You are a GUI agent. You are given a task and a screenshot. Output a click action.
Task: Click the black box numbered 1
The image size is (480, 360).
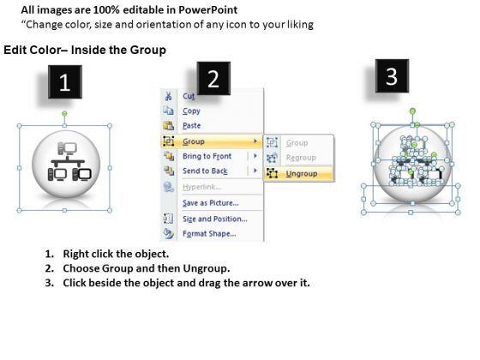tap(65, 81)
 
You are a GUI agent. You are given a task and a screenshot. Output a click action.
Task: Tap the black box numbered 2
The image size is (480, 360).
tap(213, 78)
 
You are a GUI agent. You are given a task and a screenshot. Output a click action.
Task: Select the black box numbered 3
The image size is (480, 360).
tap(392, 76)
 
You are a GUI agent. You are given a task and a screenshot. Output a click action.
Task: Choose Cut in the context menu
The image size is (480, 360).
tap(189, 96)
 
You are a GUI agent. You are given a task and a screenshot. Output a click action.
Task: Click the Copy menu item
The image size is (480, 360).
tap(191, 111)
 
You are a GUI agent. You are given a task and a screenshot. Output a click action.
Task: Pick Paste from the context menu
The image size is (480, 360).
tap(192, 125)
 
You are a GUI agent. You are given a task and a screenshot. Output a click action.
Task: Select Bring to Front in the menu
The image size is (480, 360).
tap(207, 156)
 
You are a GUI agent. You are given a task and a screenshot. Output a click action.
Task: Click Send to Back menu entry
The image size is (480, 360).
tap(205, 171)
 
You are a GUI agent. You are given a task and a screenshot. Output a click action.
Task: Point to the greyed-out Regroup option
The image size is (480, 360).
tap(301, 158)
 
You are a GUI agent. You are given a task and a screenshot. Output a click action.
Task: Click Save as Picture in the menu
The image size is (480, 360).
tap(210, 202)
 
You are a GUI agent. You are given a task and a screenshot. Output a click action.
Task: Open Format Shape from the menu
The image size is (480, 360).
tap(209, 233)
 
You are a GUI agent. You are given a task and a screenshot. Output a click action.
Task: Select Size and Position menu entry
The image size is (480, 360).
tap(214, 219)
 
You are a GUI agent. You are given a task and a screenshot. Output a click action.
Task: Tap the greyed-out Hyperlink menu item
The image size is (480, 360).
tap(201, 187)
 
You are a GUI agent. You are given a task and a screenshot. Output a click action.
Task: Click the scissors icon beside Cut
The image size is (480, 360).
tap(168, 96)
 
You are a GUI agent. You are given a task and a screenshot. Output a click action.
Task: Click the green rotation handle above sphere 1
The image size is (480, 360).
tap(64, 114)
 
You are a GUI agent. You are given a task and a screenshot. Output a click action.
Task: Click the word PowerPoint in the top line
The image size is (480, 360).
tap(207, 10)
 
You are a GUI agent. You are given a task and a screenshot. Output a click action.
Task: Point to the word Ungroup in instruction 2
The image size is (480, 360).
tap(206, 268)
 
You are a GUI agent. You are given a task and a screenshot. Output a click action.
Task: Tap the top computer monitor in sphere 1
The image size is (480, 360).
tap(70, 147)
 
